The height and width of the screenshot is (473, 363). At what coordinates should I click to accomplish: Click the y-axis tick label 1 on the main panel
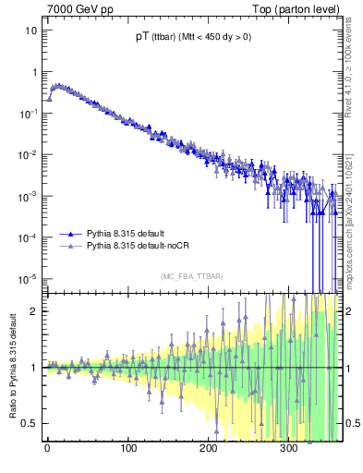click(33, 72)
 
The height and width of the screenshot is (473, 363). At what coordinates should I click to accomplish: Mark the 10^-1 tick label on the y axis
click(29, 113)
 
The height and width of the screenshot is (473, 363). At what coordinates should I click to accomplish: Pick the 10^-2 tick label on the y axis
click(29, 154)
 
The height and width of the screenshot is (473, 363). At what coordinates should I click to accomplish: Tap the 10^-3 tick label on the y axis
click(29, 196)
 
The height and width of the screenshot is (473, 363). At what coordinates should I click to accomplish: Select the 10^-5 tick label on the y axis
click(29, 278)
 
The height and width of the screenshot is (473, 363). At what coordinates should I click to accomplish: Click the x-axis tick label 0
click(47, 449)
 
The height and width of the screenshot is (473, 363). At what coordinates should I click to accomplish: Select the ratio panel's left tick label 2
click(34, 310)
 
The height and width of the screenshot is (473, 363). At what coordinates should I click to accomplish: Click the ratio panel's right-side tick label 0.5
click(354, 423)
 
